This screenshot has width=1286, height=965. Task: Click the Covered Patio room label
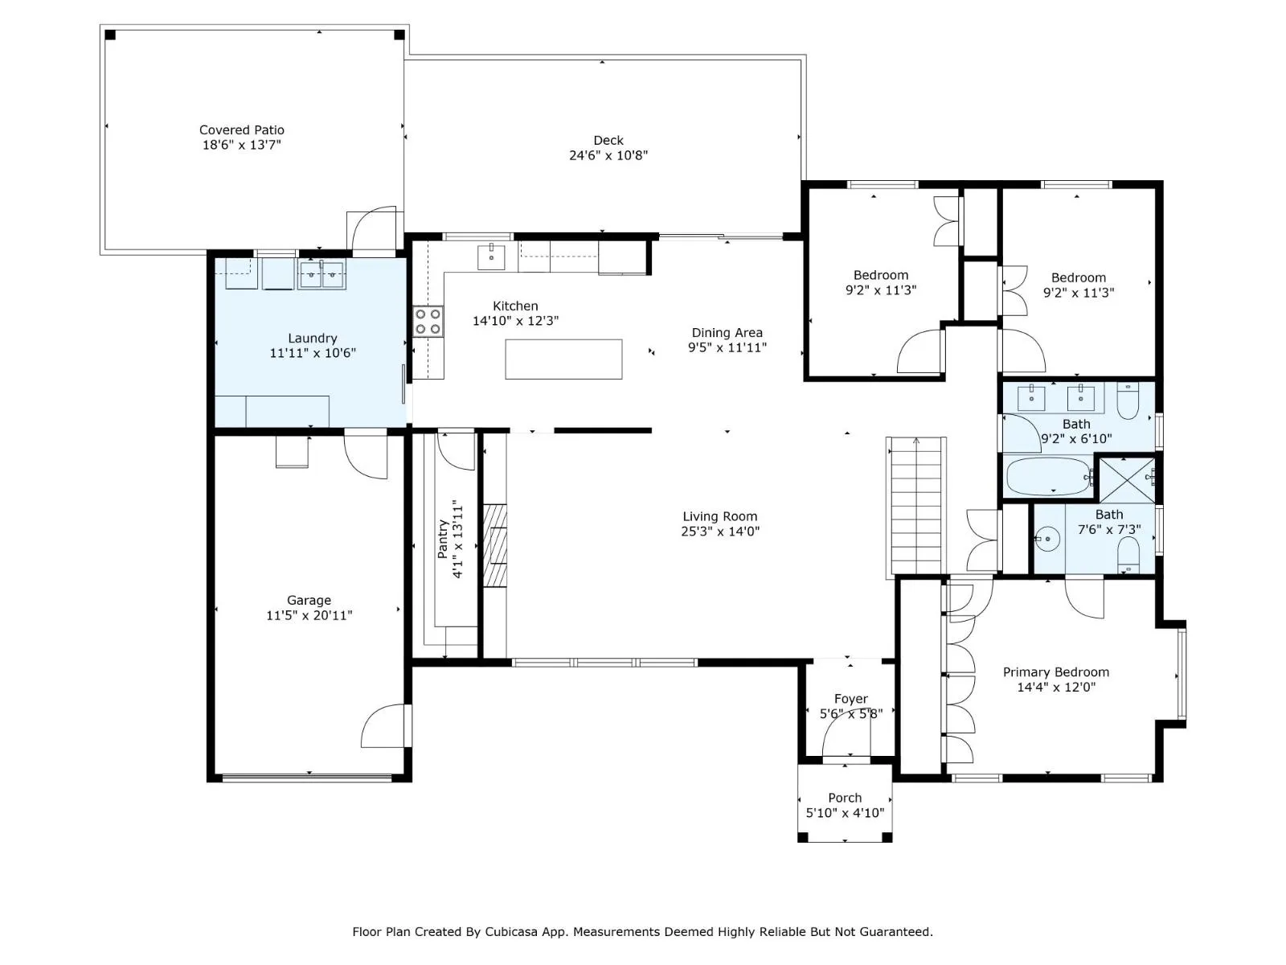(x=241, y=130)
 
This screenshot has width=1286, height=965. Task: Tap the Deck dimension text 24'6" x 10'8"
(x=608, y=155)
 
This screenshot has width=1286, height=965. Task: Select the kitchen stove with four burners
(x=428, y=322)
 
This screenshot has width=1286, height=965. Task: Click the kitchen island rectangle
(x=563, y=359)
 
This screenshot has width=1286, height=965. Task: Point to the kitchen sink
(x=491, y=257)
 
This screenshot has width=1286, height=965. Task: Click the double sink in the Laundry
(x=321, y=275)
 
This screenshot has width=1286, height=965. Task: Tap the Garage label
(x=309, y=600)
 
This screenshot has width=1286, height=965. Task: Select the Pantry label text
(x=443, y=539)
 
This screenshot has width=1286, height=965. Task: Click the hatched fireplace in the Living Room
(x=494, y=545)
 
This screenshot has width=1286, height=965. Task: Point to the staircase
(x=915, y=506)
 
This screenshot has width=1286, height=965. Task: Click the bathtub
(x=1048, y=476)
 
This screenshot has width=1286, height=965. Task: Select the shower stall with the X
(x=1126, y=480)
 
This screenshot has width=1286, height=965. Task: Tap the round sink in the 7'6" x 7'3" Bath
(x=1046, y=538)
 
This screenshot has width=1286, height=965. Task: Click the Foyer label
(x=850, y=699)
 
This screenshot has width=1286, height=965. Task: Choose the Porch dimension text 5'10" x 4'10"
(x=845, y=813)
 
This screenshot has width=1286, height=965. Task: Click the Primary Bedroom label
(x=1056, y=672)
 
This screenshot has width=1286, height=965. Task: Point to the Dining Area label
(x=727, y=333)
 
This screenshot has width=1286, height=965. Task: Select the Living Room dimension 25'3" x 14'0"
(x=720, y=532)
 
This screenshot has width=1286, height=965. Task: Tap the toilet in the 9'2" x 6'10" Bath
(x=1128, y=400)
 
